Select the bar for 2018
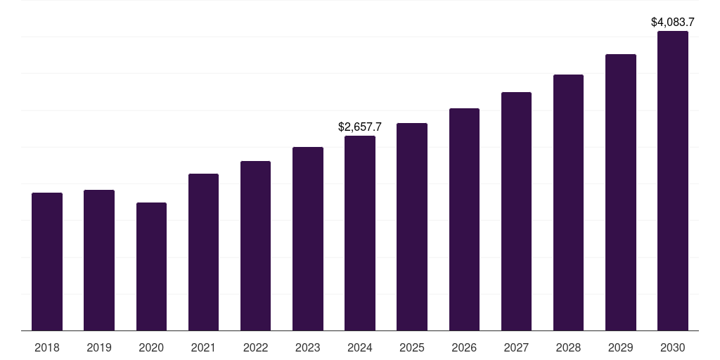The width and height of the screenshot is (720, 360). pyautogui.click(x=47, y=262)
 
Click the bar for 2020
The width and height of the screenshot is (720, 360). pyautogui.click(x=151, y=266)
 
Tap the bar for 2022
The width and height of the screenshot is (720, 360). pyautogui.click(x=255, y=245)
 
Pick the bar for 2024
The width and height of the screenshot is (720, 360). pyautogui.click(x=360, y=233)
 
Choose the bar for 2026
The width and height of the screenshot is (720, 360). pyautogui.click(x=464, y=219)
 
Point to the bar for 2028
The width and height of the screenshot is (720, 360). pyautogui.click(x=568, y=202)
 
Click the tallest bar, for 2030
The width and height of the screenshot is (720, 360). pyautogui.click(x=673, y=181)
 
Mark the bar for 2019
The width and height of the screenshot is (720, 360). pyautogui.click(x=99, y=260)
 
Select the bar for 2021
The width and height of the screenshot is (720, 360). pyautogui.click(x=203, y=252)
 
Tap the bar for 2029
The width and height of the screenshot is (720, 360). pyautogui.click(x=621, y=192)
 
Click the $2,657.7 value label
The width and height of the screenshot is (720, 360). pyautogui.click(x=360, y=127)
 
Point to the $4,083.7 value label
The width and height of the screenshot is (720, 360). pyautogui.click(x=673, y=22)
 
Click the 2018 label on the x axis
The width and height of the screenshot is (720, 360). pyautogui.click(x=47, y=347)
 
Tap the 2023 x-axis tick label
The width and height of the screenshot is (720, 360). pyautogui.click(x=308, y=347)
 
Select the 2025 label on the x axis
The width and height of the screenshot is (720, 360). pyautogui.click(x=412, y=347)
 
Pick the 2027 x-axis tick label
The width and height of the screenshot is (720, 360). pyautogui.click(x=516, y=347)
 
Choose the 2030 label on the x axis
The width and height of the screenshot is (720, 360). pyautogui.click(x=673, y=347)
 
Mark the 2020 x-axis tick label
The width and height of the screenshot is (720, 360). pyautogui.click(x=151, y=347)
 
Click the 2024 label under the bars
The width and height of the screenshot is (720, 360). pyautogui.click(x=360, y=347)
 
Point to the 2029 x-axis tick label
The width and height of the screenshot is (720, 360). pyautogui.click(x=621, y=347)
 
